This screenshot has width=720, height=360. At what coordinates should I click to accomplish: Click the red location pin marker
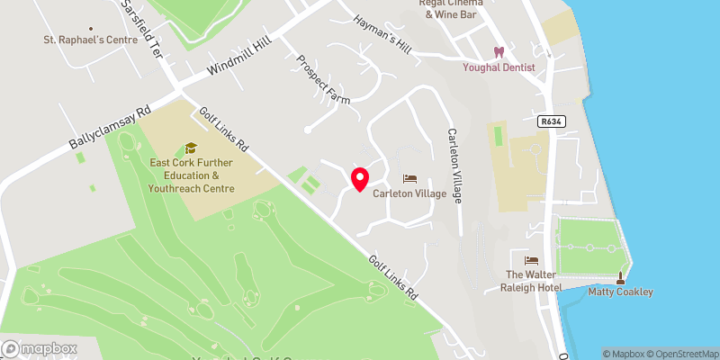pos(360,179)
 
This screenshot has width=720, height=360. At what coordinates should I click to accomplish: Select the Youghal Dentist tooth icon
pos(497,53)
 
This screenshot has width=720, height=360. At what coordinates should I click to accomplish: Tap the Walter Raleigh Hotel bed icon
pos(530,260)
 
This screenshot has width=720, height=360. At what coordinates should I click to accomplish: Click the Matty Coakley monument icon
pos(620,278)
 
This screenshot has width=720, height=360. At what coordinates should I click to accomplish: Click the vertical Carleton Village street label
pos(454,166)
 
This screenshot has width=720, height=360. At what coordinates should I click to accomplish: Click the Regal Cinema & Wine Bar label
pos(451,8)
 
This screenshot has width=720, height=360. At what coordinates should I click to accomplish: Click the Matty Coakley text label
pos(620,292)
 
